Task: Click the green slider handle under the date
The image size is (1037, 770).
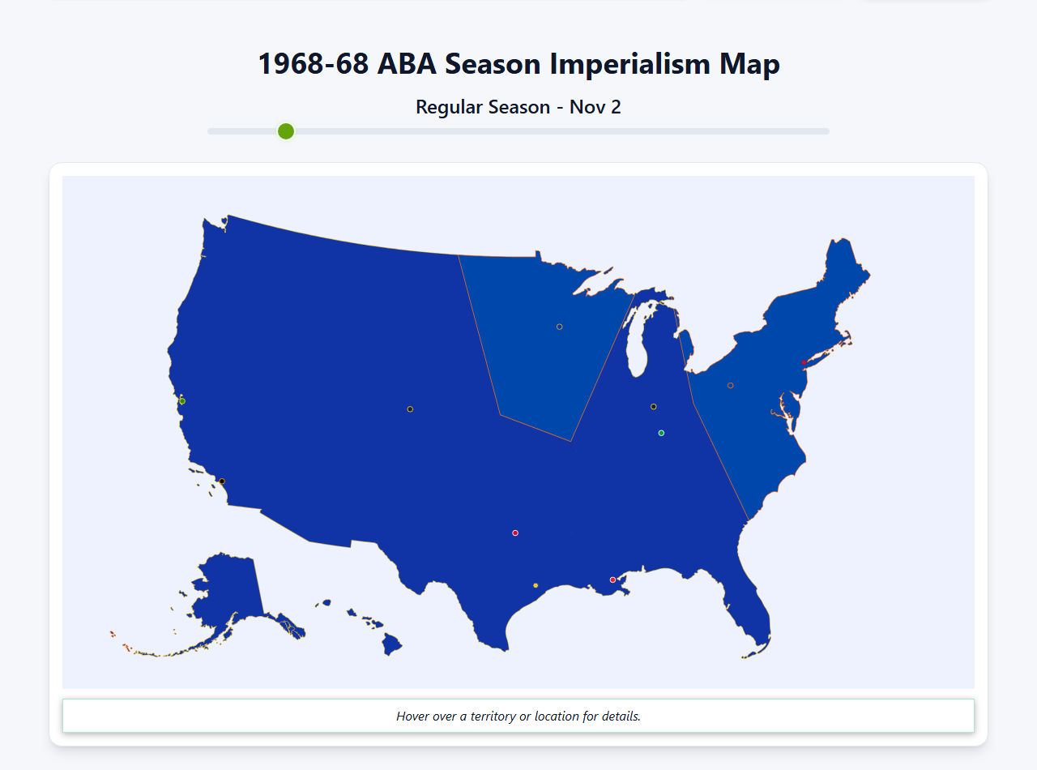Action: (286, 131)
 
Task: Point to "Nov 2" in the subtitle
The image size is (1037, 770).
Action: (595, 107)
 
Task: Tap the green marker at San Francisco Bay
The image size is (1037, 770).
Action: (182, 401)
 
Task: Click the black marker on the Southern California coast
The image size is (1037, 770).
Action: (222, 481)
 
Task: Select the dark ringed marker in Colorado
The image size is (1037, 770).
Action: (410, 409)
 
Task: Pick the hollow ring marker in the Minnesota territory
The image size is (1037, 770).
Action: (559, 327)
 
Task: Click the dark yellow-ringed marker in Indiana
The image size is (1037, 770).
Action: (654, 407)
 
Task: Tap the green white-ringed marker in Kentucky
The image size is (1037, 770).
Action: (661, 433)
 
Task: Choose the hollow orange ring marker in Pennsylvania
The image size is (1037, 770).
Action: (730, 386)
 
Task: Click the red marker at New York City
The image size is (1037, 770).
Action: (803, 362)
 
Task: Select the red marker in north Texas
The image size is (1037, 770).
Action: (515, 533)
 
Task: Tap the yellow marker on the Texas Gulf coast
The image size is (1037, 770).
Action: (536, 585)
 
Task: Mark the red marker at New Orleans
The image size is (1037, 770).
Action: (612, 580)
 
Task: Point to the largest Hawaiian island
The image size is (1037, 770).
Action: (392, 645)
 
